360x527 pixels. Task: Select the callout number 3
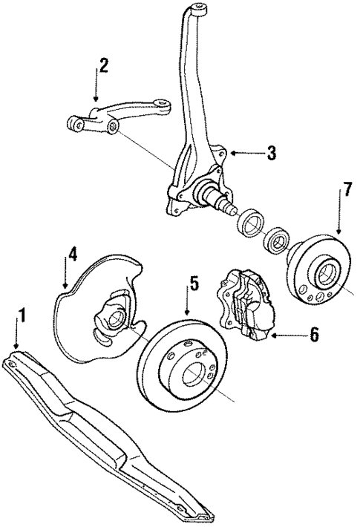(x=272, y=154)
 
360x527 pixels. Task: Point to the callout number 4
(x=72, y=255)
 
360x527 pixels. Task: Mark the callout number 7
(x=346, y=192)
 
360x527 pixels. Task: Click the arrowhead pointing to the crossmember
(x=16, y=347)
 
